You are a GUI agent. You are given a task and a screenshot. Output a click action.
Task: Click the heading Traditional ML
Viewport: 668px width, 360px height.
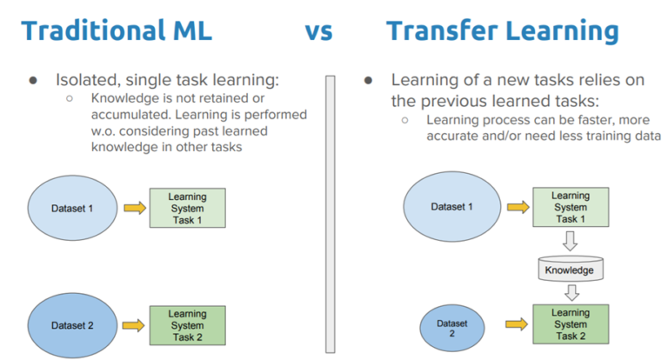coord(117,31)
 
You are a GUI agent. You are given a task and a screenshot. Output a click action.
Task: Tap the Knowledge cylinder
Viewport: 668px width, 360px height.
coord(569,270)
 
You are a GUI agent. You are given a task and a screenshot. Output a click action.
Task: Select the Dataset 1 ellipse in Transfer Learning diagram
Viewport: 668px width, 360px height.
coord(452,207)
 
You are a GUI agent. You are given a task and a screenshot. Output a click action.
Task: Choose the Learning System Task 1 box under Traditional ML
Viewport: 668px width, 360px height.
coord(187,209)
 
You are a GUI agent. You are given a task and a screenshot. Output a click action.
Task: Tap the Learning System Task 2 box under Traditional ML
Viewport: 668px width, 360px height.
coord(187,324)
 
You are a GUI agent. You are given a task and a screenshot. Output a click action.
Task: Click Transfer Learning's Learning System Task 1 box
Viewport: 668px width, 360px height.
coord(570,208)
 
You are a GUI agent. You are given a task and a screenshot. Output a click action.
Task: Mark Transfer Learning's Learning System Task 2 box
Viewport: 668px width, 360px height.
coord(570,324)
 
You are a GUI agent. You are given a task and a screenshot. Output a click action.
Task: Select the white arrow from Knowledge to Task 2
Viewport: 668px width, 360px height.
coord(570,292)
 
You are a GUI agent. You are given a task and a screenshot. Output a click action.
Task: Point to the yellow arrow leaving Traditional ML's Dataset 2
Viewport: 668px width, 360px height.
coord(134,325)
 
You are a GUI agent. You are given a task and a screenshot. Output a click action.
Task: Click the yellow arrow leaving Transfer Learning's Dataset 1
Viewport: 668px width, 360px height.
coord(517,208)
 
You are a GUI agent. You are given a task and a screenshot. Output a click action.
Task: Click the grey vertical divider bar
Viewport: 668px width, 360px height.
coord(331,213)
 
